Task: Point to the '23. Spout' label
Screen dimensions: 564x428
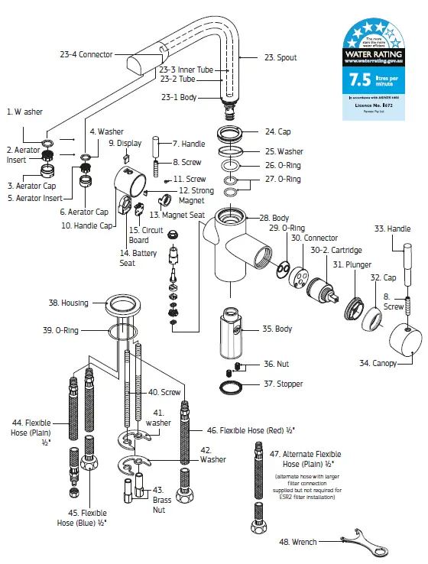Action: pos(280,57)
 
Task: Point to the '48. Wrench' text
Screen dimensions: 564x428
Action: pos(299,543)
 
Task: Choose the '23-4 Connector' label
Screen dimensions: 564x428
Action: pos(86,54)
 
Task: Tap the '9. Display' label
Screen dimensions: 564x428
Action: pos(125,143)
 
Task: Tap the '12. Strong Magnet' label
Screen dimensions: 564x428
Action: pos(196,195)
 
